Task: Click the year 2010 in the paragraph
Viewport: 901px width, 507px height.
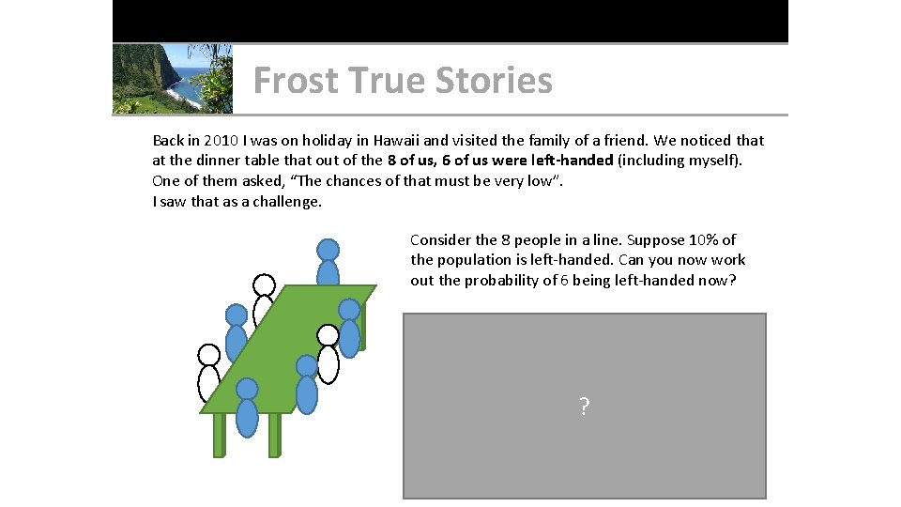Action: click(219, 141)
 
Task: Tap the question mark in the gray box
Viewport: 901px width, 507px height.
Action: click(584, 407)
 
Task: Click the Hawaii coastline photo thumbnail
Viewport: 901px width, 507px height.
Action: click(173, 79)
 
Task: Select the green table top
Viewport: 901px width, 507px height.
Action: click(291, 347)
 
